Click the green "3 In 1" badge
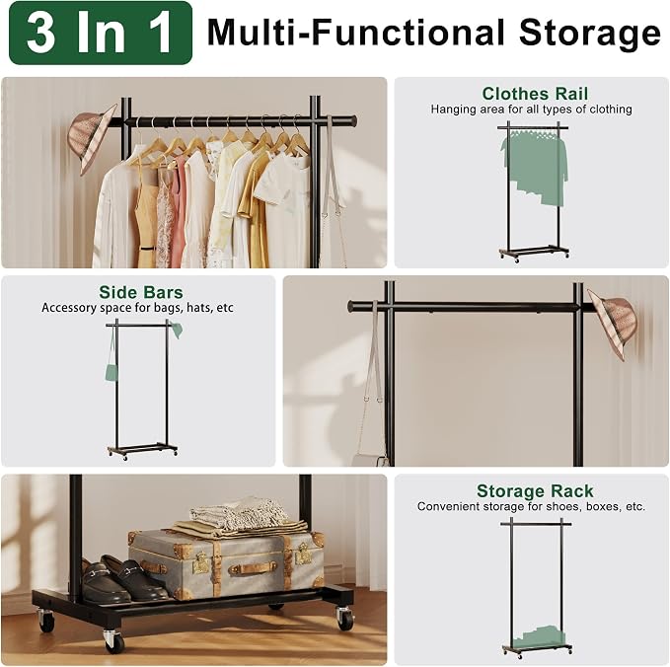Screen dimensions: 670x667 [x=101, y=33]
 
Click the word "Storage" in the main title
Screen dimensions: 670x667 [x=590, y=34]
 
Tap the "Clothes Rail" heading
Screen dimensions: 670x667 [x=535, y=94]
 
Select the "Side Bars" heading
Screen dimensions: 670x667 [x=140, y=292]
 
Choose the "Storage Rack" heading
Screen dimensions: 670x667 [x=535, y=491]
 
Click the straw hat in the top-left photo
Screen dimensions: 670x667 [x=92, y=137]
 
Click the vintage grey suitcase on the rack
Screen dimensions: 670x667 [x=226, y=563]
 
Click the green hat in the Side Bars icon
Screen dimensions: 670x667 [x=177, y=330]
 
